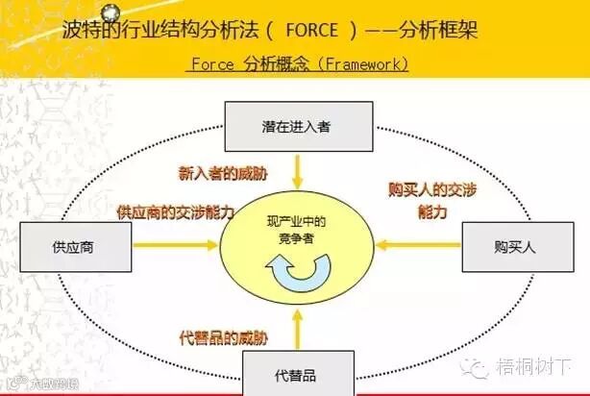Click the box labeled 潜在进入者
tap(296, 125)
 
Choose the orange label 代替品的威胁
tap(224, 337)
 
